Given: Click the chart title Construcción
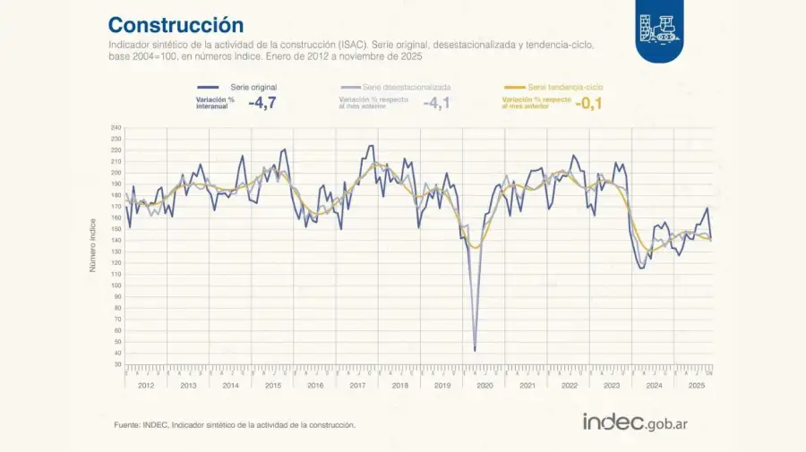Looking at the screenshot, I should (x=176, y=24).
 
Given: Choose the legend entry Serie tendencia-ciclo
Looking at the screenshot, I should (x=564, y=87).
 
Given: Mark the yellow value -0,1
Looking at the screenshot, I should (x=588, y=103).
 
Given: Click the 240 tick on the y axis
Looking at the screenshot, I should (x=116, y=128).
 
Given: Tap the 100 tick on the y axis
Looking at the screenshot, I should (x=116, y=286).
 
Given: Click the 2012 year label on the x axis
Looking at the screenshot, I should (x=146, y=385).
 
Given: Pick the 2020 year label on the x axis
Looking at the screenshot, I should (x=484, y=385).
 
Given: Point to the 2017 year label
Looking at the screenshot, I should (x=357, y=385).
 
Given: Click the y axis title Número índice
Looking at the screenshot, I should (x=93, y=246).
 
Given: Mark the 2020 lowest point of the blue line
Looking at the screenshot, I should (x=474, y=350).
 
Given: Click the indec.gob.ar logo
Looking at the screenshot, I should (x=641, y=421).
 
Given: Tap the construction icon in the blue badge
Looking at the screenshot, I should (x=665, y=30).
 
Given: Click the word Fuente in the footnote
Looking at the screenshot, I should (x=128, y=424).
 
